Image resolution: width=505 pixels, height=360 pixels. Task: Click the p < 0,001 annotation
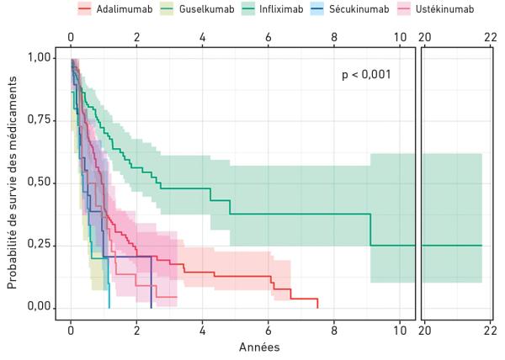click(x=366, y=75)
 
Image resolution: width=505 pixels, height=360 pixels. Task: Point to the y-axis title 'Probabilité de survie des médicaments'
click(x=13, y=181)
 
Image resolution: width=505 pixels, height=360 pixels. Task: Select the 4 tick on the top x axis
click(x=202, y=37)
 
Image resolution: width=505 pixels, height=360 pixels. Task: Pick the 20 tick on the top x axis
click(x=426, y=37)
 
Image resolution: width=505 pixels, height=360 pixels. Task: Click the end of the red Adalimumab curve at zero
click(x=317, y=307)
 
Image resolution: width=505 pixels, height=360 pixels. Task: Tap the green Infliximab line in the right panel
click(x=451, y=245)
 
